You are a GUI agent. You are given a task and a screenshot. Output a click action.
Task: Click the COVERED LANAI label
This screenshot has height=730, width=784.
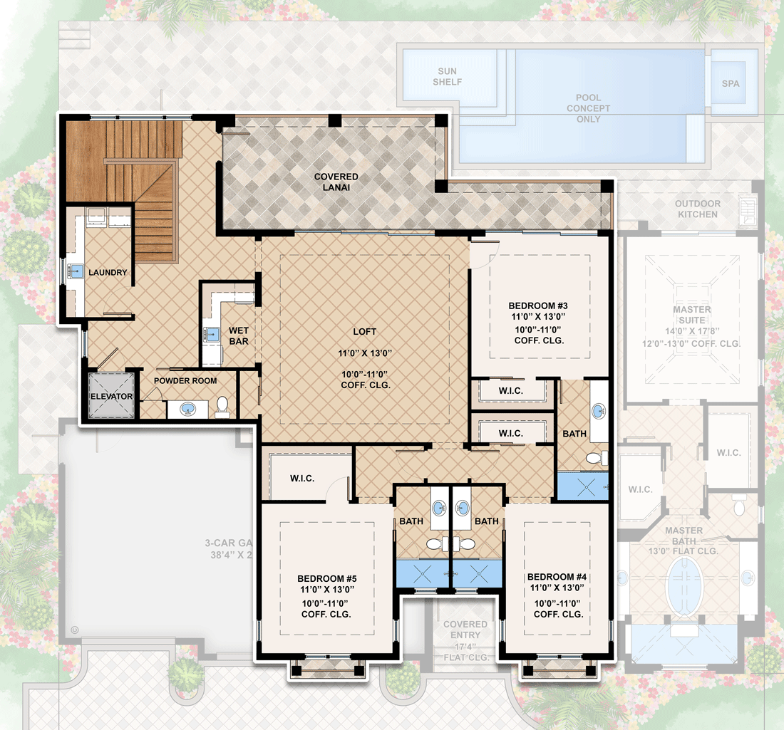(x=336, y=182)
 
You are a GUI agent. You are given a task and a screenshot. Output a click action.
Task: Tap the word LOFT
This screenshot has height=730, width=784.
(x=364, y=332)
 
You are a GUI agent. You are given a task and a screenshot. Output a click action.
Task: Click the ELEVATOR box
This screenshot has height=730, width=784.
(x=111, y=397)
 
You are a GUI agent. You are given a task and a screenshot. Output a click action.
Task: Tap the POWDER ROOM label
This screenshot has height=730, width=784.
(x=185, y=381)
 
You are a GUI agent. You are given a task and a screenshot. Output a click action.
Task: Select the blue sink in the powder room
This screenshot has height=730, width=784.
(x=188, y=409)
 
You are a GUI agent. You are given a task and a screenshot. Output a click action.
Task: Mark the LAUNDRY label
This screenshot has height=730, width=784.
(x=108, y=273)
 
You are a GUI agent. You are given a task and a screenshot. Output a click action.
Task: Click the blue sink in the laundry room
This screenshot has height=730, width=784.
(x=76, y=271)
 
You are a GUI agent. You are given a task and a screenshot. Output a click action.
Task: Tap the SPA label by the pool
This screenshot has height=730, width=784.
(x=731, y=83)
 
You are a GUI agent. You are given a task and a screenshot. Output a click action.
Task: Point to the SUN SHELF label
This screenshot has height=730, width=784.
(x=448, y=77)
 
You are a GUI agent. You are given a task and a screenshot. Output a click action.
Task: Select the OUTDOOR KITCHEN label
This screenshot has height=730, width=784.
(x=698, y=209)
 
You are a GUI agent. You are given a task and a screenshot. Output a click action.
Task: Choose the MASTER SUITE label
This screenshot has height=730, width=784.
(x=692, y=315)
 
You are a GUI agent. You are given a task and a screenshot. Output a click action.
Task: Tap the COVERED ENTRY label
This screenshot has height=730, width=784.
(x=465, y=630)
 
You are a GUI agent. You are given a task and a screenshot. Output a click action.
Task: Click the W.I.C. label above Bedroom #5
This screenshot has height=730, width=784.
(x=303, y=479)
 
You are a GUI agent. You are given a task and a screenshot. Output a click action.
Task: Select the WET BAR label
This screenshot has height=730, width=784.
(x=239, y=336)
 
